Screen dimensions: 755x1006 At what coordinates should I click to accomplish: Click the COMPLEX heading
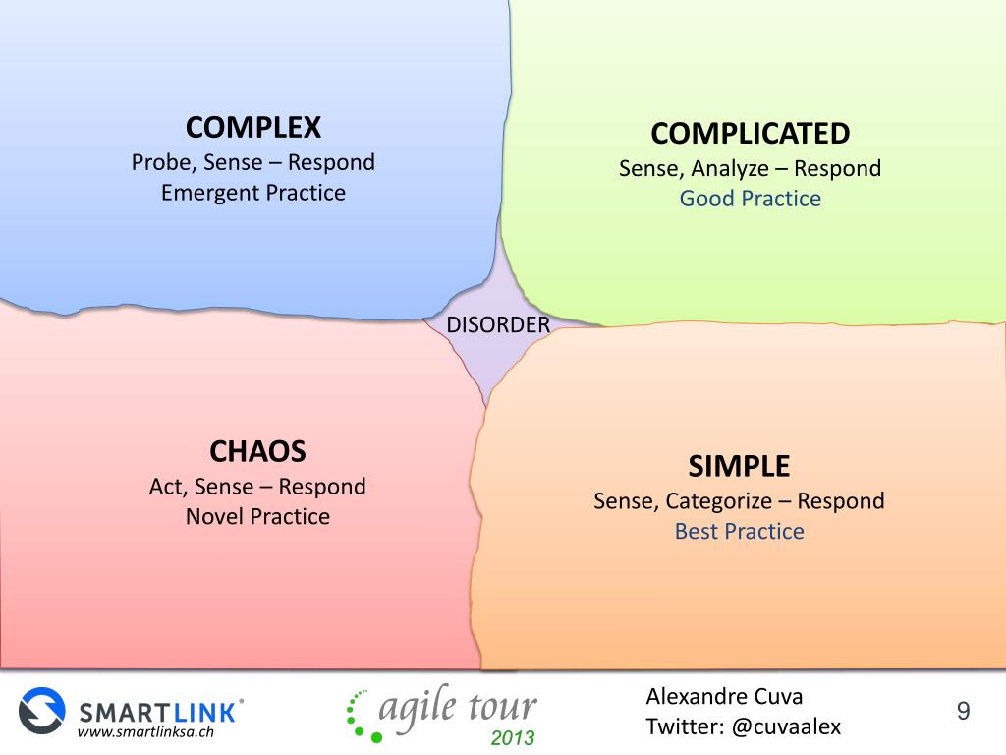[x=253, y=127]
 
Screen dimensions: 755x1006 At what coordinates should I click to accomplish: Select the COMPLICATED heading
[x=750, y=133]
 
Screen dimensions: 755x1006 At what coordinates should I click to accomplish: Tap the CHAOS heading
[x=257, y=451]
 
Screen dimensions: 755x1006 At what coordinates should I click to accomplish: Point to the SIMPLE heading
[x=739, y=465]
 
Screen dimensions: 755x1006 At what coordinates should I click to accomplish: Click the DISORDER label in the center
[x=498, y=324]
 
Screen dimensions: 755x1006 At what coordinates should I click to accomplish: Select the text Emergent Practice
[x=253, y=193]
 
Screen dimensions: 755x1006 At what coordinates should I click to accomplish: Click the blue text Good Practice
[x=750, y=199]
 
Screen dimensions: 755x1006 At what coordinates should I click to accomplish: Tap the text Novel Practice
[x=257, y=516]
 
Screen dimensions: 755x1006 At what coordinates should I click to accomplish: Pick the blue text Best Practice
[x=739, y=532]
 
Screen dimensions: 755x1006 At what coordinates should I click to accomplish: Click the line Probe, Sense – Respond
[x=253, y=162]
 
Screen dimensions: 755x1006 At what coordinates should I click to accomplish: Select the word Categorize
[x=718, y=501]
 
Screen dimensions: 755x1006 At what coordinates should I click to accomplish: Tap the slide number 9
[x=963, y=711]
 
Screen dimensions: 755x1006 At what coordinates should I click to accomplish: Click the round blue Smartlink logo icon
[x=41, y=710]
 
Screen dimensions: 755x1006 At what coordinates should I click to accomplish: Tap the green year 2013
[x=512, y=737]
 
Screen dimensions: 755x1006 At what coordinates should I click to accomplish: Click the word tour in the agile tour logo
[x=500, y=706]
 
